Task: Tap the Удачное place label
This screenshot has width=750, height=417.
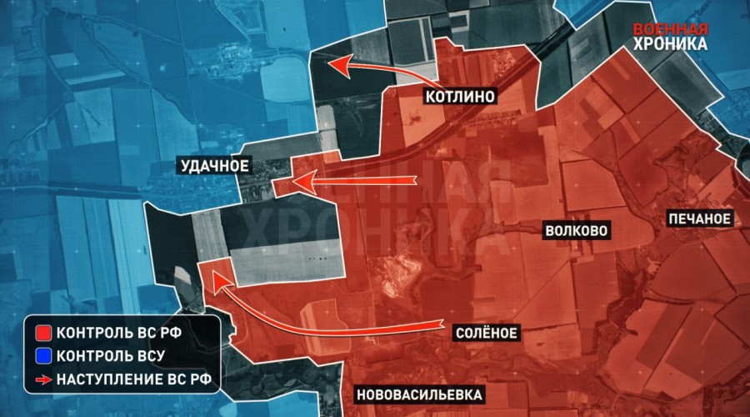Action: pyautogui.click(x=214, y=166)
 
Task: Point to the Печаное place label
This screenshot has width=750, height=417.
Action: pyautogui.click(x=699, y=219)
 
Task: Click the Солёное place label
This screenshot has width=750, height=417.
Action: pyautogui.click(x=487, y=333)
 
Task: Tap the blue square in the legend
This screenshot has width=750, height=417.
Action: pyautogui.click(x=42, y=357)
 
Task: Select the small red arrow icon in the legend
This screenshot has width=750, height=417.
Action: pyautogui.click(x=42, y=381)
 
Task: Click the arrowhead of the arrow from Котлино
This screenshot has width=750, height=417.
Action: pyautogui.click(x=332, y=63)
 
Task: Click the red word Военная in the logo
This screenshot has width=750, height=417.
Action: pyautogui.click(x=671, y=26)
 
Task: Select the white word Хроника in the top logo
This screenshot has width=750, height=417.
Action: pyautogui.click(x=671, y=43)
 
